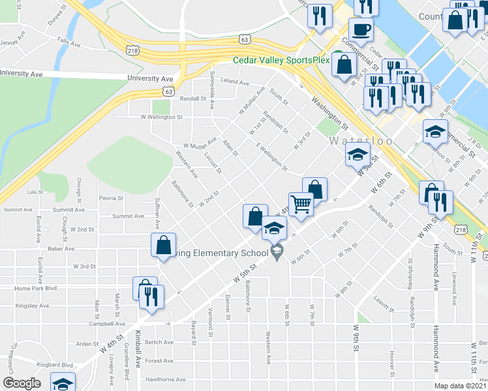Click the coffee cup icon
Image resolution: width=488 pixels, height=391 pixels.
tap(360, 30)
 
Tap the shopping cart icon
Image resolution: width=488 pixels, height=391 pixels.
tap(301, 205)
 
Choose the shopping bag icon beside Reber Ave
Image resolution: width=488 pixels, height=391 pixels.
tap(163, 246)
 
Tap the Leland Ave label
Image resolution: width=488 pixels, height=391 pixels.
tap(235, 83)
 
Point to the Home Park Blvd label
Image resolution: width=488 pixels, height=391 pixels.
tap(35, 288)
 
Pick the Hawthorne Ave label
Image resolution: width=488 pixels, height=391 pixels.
tap(166, 379)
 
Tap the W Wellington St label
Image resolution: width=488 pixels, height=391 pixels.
tap(162, 117)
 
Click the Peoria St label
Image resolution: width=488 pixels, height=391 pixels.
tap(111, 198)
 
